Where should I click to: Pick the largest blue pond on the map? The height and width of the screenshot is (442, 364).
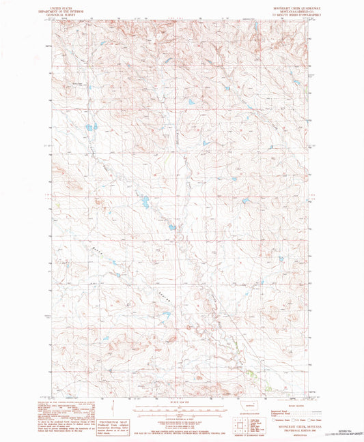click(145, 202)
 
